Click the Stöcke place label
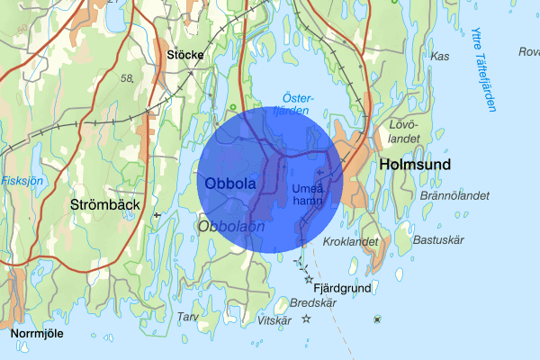coord(185,55)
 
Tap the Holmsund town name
coord(415,165)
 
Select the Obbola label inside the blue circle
coord(230,184)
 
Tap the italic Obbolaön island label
coord(232,226)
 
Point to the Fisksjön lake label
coord(22,179)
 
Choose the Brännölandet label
coord(454,194)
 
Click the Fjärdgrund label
coord(342,288)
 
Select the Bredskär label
coord(310,302)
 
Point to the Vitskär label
coord(274,320)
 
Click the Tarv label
coord(187,317)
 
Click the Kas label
coord(440,56)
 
